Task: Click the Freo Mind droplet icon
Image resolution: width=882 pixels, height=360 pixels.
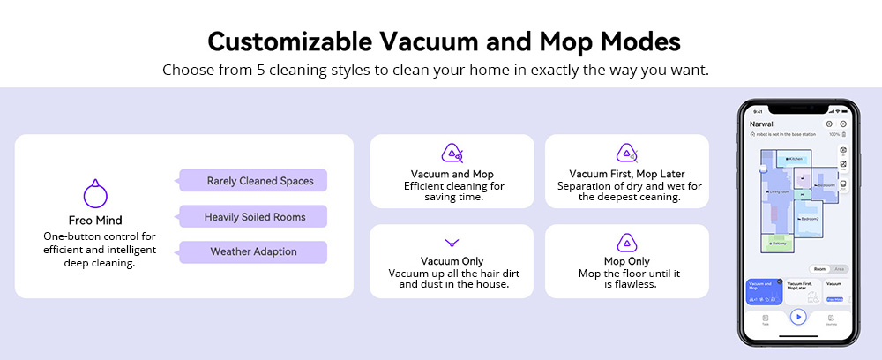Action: coord(94,194)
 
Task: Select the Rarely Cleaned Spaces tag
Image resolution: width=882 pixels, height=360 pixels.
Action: coord(253,181)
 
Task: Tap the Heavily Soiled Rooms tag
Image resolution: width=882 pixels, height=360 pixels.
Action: coord(253,216)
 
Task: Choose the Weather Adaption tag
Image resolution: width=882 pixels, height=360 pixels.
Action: coord(253,251)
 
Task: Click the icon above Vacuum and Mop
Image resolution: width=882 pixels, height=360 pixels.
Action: coord(452,154)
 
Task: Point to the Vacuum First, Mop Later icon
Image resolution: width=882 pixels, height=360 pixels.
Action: coord(627,154)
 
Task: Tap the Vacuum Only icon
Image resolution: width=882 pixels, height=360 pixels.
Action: coord(452,242)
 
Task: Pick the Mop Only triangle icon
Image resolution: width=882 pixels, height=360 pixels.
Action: coord(627,243)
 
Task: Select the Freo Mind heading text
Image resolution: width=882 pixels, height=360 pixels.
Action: coord(94,221)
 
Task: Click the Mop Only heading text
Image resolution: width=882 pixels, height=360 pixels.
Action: coord(627,261)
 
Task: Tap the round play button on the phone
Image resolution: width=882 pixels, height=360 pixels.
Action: coord(798,317)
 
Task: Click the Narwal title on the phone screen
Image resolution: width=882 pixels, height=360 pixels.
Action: coord(761,124)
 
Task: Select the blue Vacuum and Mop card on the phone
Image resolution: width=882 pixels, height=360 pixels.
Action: coord(764,290)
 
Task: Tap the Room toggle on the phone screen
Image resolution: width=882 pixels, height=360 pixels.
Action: coord(819,268)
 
